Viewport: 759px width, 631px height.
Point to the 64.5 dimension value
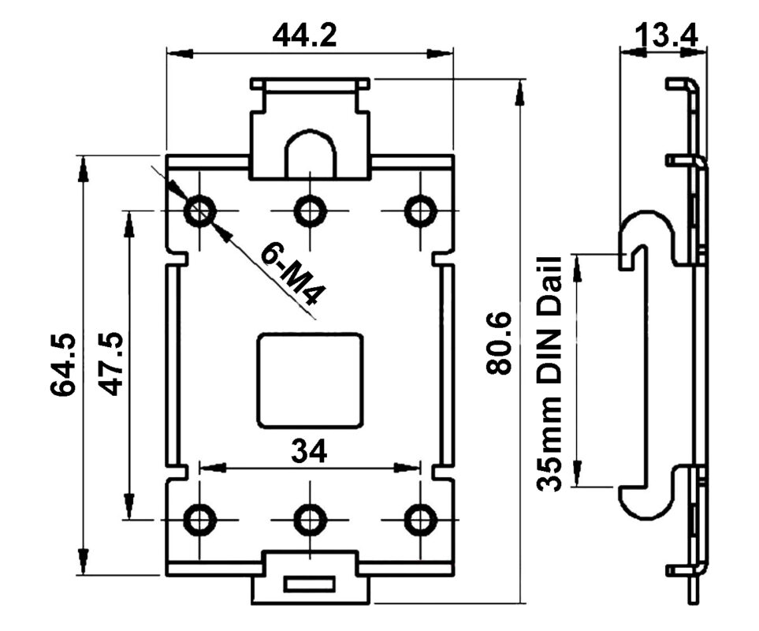64,364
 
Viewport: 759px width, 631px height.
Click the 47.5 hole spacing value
110,364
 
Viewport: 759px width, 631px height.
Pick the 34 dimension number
309,451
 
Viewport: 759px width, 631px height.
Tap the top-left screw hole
199,211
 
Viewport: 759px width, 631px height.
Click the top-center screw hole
310,211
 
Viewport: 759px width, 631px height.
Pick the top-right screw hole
420,211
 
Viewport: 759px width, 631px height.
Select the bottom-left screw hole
199,519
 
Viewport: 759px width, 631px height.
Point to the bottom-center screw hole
310,519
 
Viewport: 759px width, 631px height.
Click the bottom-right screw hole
420,519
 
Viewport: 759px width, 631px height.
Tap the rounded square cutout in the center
311,379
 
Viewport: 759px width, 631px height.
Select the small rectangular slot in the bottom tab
310,584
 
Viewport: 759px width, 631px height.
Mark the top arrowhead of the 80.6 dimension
519,95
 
